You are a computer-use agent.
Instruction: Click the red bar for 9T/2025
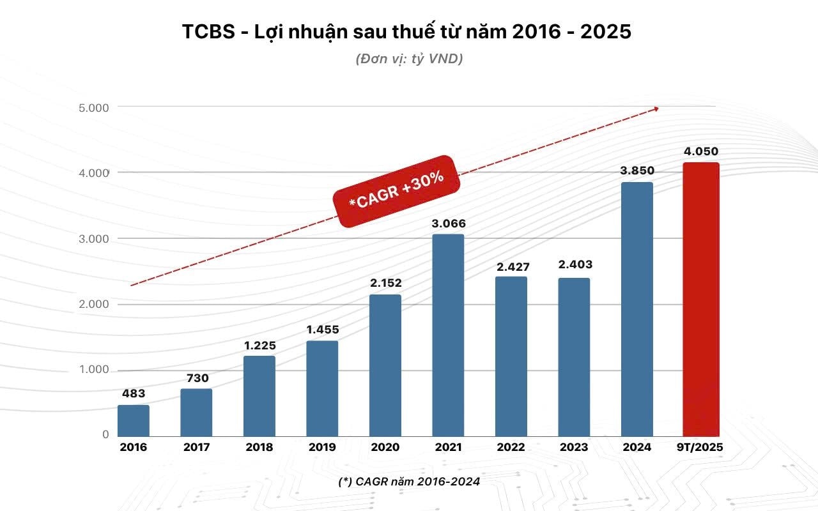(701, 299)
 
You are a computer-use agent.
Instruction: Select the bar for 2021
(448, 335)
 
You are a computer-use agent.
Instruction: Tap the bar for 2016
(134, 420)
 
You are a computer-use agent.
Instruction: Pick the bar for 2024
(637, 309)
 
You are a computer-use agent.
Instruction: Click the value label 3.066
(448, 224)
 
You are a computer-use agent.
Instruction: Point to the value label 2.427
(513, 266)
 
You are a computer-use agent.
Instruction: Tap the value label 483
(134, 394)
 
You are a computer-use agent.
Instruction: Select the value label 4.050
(701, 152)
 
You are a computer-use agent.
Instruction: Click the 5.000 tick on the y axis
(94, 107)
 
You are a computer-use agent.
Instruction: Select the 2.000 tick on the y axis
(94, 304)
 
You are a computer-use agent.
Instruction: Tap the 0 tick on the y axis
(105, 434)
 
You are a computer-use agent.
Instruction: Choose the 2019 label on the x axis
(322, 447)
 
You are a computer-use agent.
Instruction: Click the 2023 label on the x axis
(574, 447)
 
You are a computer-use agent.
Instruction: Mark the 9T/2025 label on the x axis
(701, 447)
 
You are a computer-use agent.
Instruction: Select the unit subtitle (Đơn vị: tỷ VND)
(409, 59)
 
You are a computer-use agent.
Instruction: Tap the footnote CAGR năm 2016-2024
(409, 482)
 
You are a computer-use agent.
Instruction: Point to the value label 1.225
(259, 345)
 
